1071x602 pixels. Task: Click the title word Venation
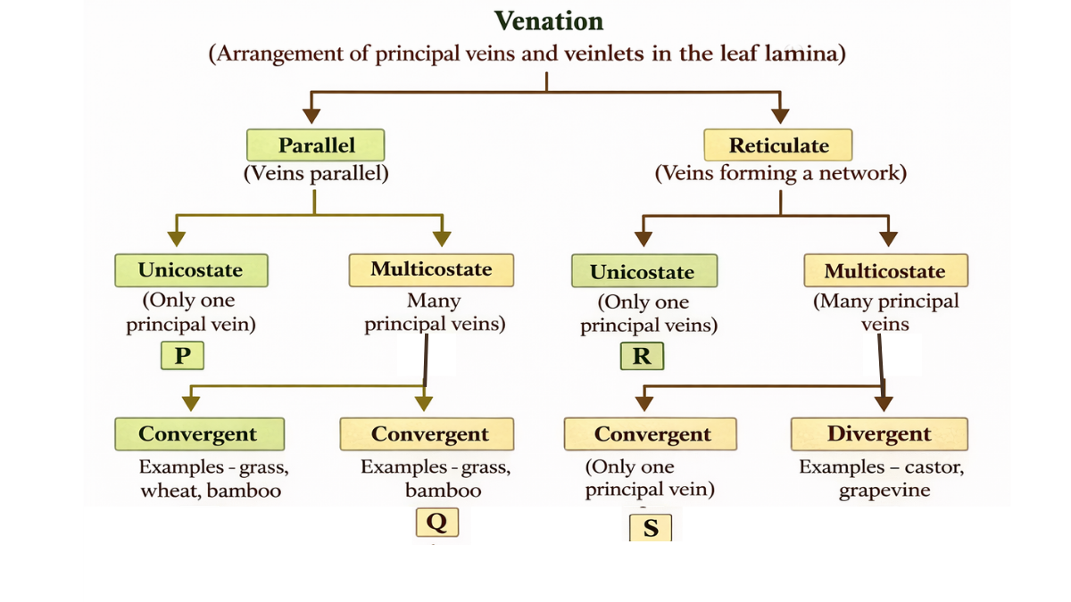(x=548, y=21)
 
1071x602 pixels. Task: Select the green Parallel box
(x=316, y=145)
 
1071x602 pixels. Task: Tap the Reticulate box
(x=778, y=145)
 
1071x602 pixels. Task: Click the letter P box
(x=182, y=356)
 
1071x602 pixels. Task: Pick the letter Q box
(x=436, y=521)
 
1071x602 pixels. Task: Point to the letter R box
(x=642, y=357)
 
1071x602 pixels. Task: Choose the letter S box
(x=651, y=528)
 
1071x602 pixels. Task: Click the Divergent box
(x=878, y=434)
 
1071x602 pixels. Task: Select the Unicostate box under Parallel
(x=190, y=270)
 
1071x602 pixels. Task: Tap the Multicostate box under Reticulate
(x=884, y=271)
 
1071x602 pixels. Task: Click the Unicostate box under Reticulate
(x=642, y=272)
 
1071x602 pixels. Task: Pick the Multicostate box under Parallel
(x=431, y=269)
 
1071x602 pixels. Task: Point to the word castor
(x=934, y=467)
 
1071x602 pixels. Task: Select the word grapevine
(x=884, y=491)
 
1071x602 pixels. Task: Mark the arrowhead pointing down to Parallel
(x=311, y=114)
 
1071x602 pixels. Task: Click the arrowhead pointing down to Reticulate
(x=780, y=114)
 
